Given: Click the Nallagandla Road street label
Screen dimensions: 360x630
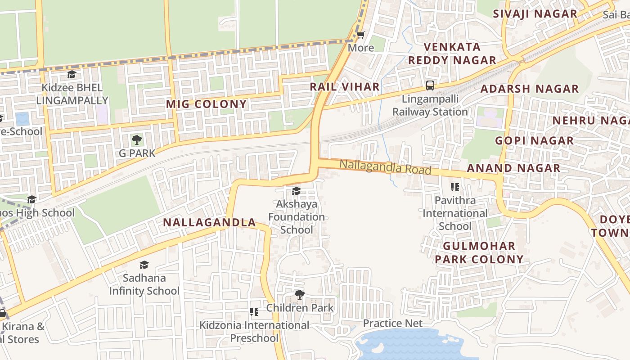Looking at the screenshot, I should [385, 167].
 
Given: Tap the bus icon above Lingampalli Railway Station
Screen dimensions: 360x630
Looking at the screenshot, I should [430, 85].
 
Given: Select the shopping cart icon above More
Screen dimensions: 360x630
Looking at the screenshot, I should [361, 35].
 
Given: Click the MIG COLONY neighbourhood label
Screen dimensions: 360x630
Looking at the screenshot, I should [207, 104].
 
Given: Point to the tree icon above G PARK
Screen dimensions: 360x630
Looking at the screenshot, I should [137, 140].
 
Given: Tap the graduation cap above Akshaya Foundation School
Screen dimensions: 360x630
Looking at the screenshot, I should [296, 191].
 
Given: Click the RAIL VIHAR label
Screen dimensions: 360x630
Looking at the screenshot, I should [345, 87].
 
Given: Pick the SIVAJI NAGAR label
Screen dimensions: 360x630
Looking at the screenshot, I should [535, 13].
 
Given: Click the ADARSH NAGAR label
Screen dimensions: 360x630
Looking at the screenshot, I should [529, 89].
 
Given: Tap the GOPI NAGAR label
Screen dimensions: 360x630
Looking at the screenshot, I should [534, 141].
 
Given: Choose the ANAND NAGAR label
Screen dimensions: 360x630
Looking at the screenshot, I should [513, 168].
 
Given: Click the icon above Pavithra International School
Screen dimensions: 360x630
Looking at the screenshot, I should [455, 187].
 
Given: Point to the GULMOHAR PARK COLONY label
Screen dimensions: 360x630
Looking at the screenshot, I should [479, 252].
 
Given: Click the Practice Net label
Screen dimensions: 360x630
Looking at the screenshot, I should [392, 323].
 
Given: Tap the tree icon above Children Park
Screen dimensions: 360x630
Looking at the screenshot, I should [299, 295].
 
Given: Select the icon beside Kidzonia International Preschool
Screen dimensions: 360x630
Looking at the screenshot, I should [254, 311].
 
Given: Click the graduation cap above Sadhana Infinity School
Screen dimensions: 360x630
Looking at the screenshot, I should [144, 265].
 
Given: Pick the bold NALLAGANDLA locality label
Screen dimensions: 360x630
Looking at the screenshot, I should [209, 222].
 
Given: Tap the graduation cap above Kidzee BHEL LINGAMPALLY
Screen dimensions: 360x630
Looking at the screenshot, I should [72, 74].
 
